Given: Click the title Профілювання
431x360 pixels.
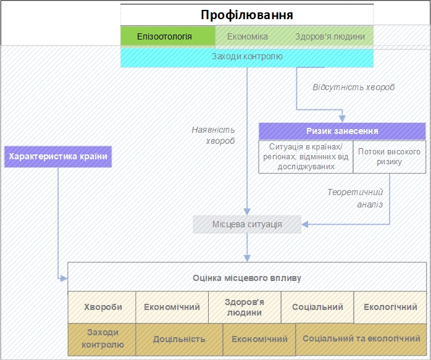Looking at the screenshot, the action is (x=247, y=15).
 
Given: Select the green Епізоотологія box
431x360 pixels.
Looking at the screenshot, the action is (x=168, y=36).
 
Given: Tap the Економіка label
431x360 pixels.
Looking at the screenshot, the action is (x=248, y=36).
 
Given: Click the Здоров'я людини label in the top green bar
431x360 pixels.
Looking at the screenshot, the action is (x=330, y=36).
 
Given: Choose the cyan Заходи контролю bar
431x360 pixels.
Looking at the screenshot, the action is (x=247, y=57).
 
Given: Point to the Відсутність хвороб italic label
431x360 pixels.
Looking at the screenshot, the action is (x=354, y=87).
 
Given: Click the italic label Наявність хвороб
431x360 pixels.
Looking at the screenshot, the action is (x=213, y=135).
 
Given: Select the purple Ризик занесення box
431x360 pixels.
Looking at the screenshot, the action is (x=342, y=131).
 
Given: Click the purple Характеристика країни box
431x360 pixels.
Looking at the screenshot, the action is (x=58, y=157).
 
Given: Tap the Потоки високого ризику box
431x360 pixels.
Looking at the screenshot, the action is (x=389, y=157).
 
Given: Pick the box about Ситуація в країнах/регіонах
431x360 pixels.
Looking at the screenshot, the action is (x=306, y=157).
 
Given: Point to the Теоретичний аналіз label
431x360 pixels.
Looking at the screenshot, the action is (x=355, y=198).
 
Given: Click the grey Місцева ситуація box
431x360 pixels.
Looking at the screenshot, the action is (x=247, y=224).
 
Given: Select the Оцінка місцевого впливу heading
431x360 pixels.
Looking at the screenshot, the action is (x=247, y=278).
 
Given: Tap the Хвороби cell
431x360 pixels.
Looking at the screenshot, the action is (x=102, y=307).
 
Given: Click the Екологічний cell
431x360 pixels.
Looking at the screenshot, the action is (x=390, y=307).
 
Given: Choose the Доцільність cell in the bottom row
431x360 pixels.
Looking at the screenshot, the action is (x=179, y=340).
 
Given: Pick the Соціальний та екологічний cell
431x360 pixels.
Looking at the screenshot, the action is (x=361, y=339).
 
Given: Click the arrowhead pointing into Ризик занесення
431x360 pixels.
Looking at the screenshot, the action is (x=342, y=119).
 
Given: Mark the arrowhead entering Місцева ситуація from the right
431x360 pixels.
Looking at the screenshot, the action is (x=305, y=224).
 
